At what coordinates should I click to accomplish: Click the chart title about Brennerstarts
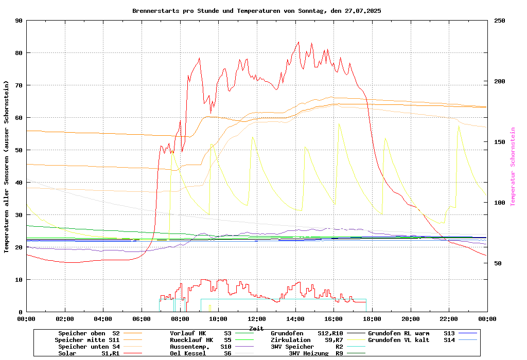click(256, 11)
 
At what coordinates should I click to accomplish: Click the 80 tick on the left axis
click(19, 53)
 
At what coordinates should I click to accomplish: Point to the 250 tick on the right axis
click(500, 21)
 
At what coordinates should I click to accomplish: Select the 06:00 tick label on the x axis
click(142, 319)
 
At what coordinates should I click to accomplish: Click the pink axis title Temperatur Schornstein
click(513, 167)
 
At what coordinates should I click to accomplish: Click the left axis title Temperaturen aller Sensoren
click(7, 167)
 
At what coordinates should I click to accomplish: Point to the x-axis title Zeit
click(256, 328)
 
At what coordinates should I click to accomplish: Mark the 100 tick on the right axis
click(500, 203)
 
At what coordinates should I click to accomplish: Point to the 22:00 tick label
click(449, 319)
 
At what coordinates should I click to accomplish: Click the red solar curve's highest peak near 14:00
click(298, 42)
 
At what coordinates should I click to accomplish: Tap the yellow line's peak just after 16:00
click(339, 123)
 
